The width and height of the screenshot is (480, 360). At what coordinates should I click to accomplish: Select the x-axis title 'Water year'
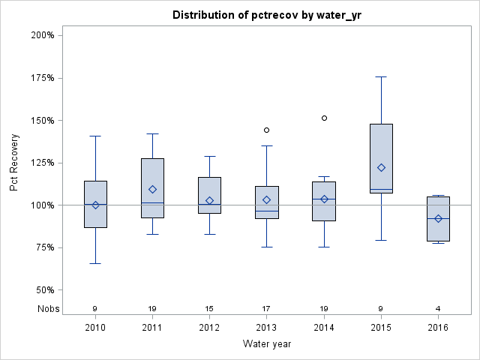coord(266,343)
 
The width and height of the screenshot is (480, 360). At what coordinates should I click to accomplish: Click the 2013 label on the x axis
coord(266,328)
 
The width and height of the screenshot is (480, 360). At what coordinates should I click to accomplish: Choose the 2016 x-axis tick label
coord(438,328)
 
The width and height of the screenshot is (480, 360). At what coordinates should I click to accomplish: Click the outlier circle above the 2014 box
coord(324,118)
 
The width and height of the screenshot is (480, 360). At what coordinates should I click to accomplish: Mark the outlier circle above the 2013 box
coord(266,130)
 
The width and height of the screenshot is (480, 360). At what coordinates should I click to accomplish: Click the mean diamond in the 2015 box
coord(381,167)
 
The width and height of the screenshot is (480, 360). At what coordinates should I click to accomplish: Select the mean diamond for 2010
coord(95,205)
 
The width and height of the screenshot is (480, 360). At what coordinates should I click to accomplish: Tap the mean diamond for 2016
coord(438,218)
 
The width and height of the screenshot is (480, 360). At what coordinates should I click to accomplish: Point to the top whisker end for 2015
coord(381,76)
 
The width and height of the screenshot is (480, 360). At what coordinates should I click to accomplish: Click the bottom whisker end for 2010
coord(95,263)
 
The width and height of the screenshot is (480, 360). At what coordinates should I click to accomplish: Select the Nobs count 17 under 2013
coord(266,308)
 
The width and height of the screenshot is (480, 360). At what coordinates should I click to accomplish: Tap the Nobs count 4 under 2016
coord(438,308)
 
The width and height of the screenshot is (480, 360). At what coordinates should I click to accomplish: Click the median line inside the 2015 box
coord(381,189)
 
